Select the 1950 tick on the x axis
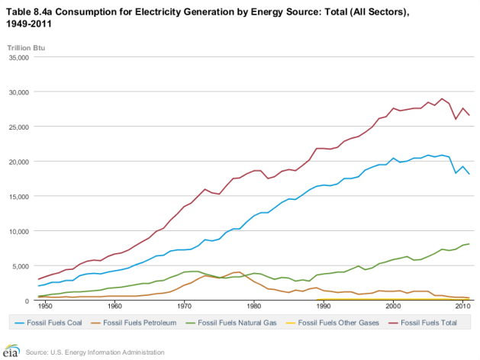tap(45, 307)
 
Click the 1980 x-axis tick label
tap(253, 307)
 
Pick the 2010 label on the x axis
tap(462, 307)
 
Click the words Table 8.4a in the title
tap(31, 10)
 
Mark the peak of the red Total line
tap(442, 98)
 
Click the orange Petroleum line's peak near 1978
tap(240, 272)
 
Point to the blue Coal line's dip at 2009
tap(456, 173)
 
